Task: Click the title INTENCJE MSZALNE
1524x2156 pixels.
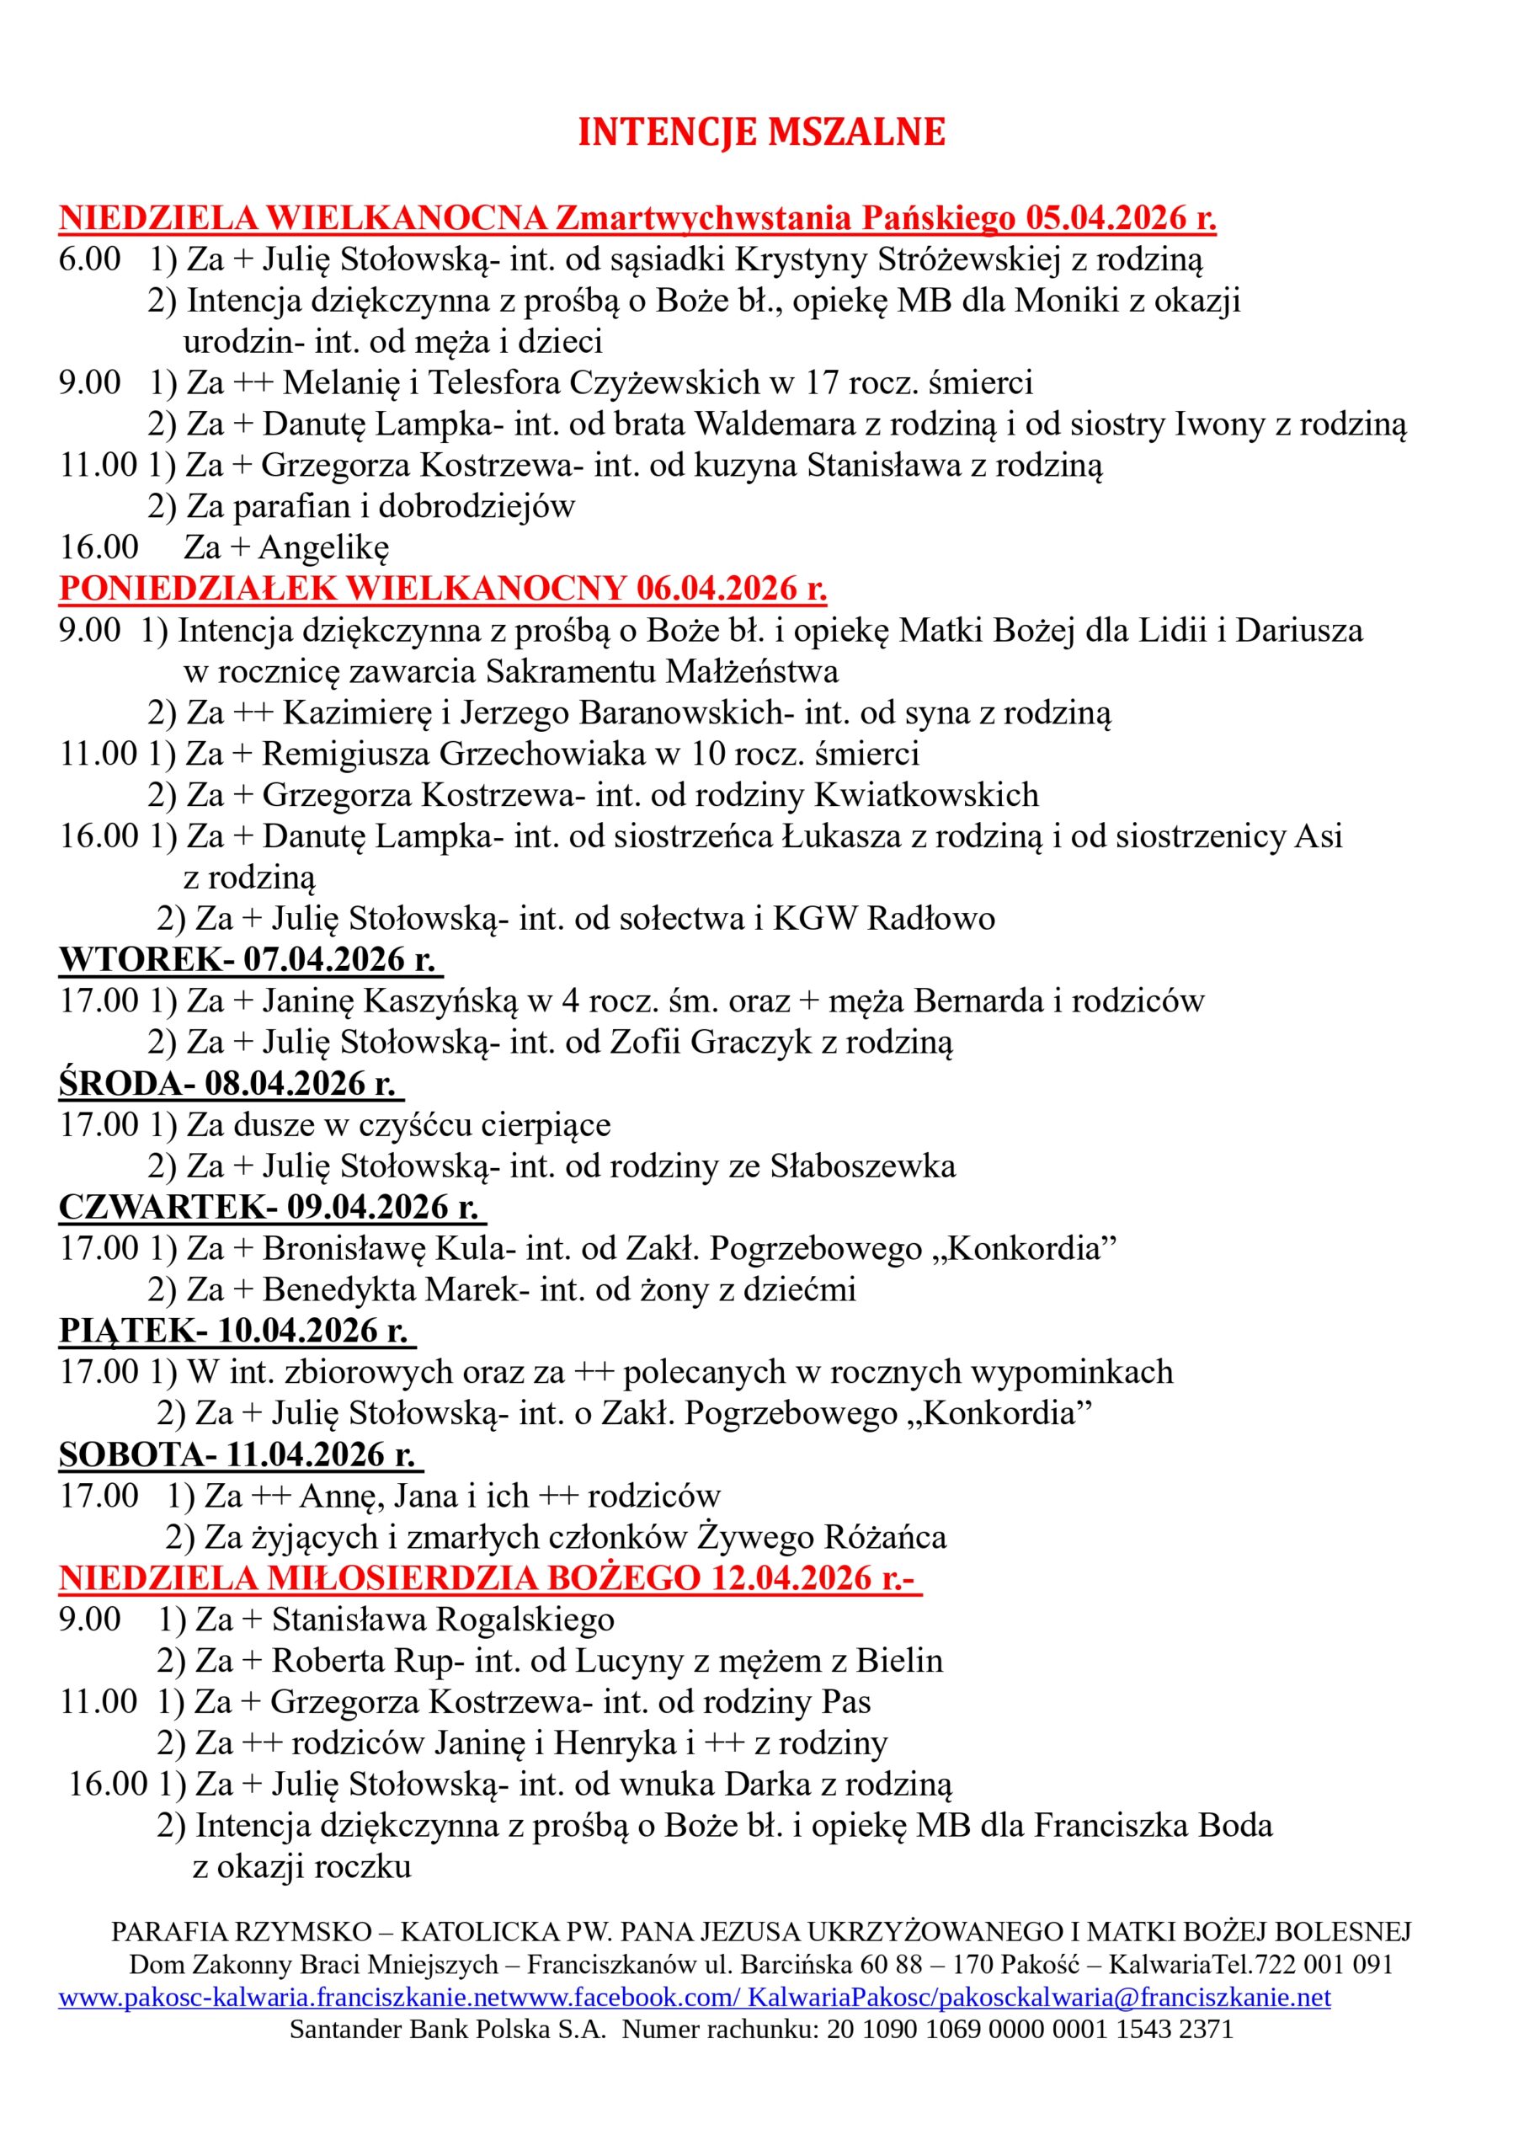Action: [x=760, y=132]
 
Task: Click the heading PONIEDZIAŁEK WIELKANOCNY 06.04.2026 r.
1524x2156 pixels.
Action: [x=442, y=589]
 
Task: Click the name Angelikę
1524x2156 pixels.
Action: [x=323, y=547]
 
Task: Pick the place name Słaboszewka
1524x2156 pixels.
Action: [x=863, y=1166]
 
